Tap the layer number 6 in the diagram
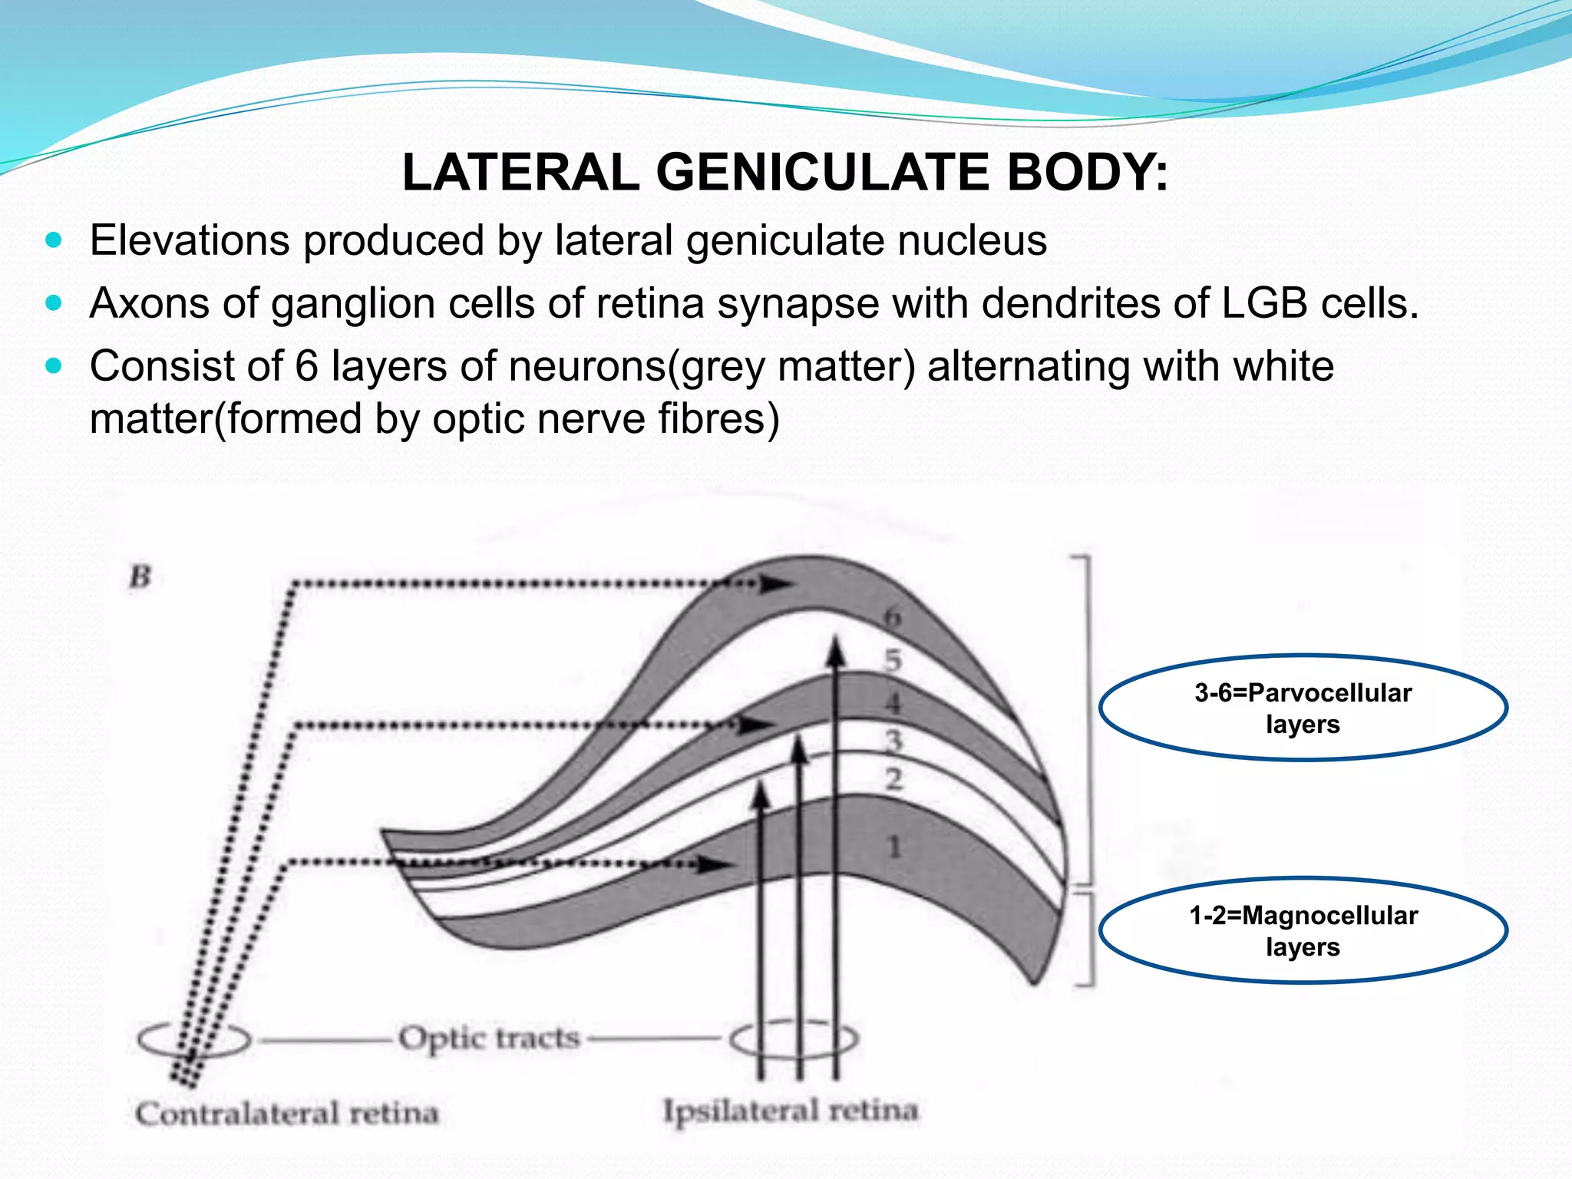tap(891, 616)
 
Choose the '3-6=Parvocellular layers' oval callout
tap(1303, 708)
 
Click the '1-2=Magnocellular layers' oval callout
tap(1303, 930)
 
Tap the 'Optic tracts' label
tap(489, 1038)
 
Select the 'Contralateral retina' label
tap(286, 1113)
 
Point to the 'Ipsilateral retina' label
tap(790, 1110)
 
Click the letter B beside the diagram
tap(140, 576)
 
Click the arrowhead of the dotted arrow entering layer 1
tap(714, 865)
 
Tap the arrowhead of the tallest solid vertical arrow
tap(836, 655)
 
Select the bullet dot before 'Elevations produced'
tap(53, 240)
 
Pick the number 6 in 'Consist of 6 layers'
tap(306, 366)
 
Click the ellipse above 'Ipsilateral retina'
tap(794, 1040)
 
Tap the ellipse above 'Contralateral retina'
tap(194, 1040)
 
